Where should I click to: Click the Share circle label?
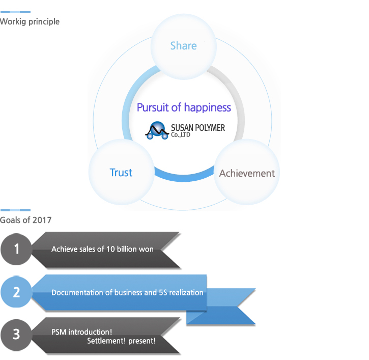point(183,46)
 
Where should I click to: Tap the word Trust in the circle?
point(121,173)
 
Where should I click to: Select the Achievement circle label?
point(247,173)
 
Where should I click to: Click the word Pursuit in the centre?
point(152,107)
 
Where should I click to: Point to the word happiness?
point(207,107)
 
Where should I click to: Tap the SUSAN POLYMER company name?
point(198,128)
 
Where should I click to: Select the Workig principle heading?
point(30,21)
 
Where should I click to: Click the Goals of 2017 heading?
point(26,220)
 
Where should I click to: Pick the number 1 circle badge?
point(16,249)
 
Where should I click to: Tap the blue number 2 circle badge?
point(16,292)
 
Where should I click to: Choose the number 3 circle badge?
point(16,335)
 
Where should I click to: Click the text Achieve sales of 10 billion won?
point(102,249)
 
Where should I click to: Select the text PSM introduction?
point(81,332)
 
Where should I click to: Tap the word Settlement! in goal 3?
point(108,341)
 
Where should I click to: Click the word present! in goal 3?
point(144,341)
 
